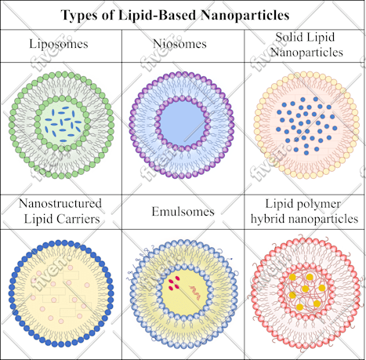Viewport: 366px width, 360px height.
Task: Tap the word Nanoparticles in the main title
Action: [x=245, y=15]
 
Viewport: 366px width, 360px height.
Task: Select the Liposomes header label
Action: [x=59, y=44]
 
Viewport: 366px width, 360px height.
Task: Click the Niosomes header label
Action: [x=179, y=44]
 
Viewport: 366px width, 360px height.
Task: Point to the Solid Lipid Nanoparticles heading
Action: [x=306, y=45]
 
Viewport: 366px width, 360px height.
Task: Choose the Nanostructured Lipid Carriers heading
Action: [x=60, y=211]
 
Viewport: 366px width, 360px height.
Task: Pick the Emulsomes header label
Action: [x=183, y=211]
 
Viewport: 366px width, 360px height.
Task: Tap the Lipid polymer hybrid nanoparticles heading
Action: [x=304, y=211]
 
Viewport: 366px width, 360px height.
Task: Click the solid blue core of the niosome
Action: [x=182, y=123]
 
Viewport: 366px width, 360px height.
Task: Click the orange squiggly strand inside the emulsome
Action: [x=195, y=293]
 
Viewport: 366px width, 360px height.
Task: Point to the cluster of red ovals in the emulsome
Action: [x=174, y=283]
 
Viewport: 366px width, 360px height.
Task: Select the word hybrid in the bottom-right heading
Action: [x=267, y=219]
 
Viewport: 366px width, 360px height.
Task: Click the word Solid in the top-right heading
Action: [x=288, y=37]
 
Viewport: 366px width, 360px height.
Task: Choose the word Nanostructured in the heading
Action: [x=60, y=203]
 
